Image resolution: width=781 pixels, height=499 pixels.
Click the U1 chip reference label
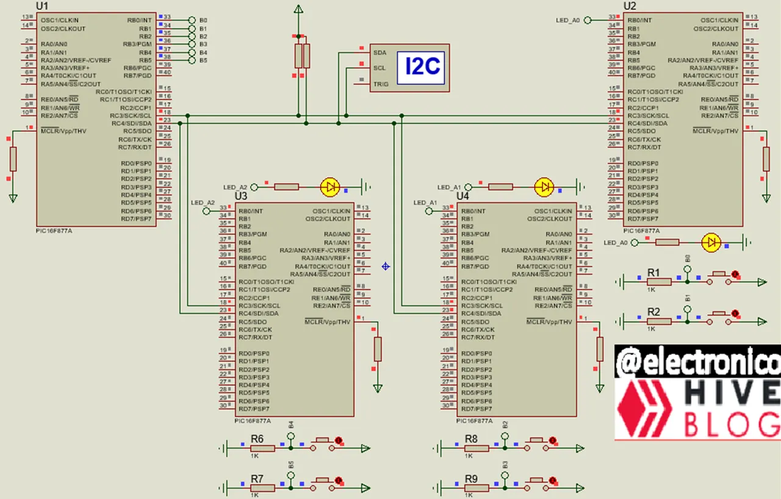[43, 5]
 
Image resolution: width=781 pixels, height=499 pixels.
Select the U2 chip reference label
[630, 5]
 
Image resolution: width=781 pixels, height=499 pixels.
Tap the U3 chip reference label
[241, 196]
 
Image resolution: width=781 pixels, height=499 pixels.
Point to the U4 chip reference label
[463, 196]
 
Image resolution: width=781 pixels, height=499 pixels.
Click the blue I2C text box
[423, 66]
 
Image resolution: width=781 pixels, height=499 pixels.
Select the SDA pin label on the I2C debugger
[379, 52]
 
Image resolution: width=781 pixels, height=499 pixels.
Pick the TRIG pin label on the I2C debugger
[381, 84]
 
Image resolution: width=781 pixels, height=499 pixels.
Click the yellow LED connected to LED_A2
[330, 187]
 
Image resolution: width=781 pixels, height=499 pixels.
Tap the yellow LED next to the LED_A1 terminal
[543, 187]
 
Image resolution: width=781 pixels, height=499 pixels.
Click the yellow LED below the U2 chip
[711, 242]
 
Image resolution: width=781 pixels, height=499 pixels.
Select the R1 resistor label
[653, 272]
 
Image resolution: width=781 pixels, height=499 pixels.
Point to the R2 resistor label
[653, 311]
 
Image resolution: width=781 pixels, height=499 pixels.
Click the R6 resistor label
[257, 439]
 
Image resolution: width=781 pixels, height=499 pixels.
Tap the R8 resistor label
[471, 439]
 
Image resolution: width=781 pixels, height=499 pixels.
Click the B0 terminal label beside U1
[203, 20]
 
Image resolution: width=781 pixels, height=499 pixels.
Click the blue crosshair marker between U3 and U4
[386, 266]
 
